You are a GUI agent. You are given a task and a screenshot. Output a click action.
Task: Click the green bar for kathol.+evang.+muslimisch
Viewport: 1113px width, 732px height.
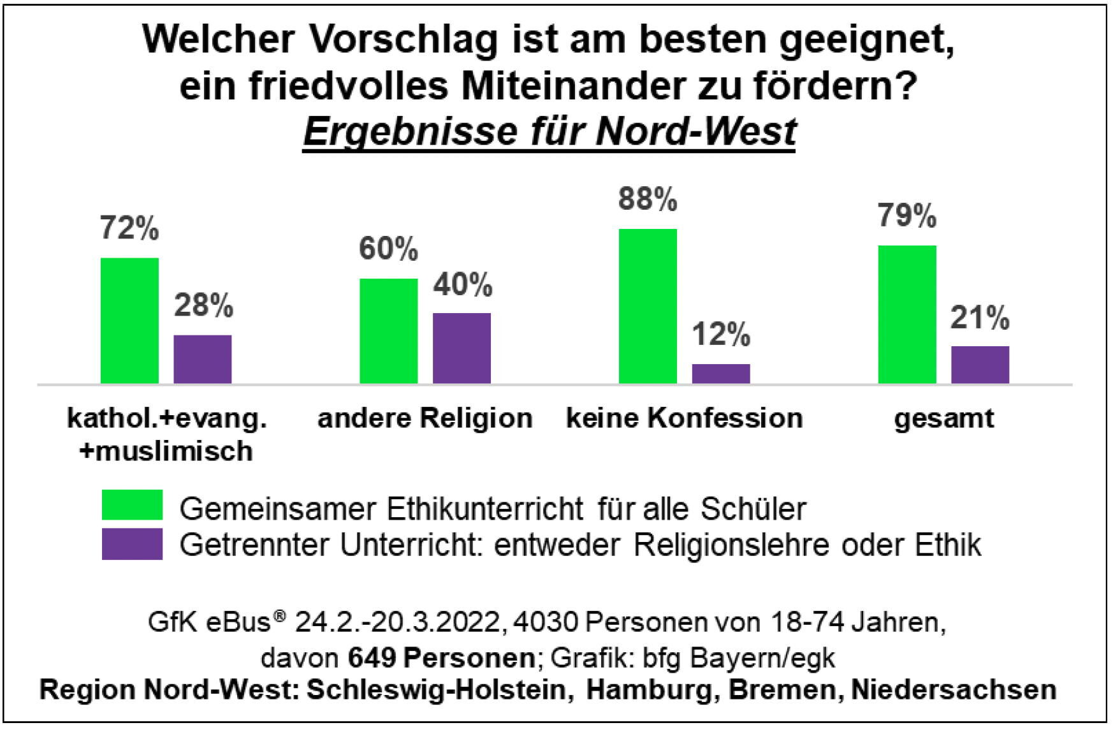click(129, 320)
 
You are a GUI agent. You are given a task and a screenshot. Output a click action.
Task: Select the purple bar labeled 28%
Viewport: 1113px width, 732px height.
click(203, 359)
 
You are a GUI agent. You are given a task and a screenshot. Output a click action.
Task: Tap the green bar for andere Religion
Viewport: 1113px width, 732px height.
click(388, 331)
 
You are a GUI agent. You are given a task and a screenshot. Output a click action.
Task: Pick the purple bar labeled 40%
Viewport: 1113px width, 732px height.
click(462, 348)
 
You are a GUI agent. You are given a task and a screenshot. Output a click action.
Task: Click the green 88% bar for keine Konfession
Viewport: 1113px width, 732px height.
click(648, 306)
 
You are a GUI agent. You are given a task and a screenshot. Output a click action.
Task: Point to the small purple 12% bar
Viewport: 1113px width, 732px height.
click(721, 374)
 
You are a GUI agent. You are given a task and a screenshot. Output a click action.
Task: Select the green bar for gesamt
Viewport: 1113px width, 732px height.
click(907, 314)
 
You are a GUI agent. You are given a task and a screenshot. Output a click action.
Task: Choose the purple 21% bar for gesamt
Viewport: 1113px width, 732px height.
click(980, 365)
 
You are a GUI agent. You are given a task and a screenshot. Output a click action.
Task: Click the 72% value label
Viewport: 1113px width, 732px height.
click(129, 228)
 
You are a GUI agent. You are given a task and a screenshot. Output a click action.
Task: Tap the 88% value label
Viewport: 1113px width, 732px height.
click(648, 199)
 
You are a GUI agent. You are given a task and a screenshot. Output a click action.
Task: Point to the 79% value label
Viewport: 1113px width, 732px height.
click(907, 216)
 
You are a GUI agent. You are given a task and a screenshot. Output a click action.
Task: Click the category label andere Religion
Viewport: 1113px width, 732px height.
click(425, 419)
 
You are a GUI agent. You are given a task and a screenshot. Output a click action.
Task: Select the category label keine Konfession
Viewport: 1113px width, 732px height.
click(685, 419)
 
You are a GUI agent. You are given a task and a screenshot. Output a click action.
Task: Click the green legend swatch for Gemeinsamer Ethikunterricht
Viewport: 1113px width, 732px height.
click(132, 505)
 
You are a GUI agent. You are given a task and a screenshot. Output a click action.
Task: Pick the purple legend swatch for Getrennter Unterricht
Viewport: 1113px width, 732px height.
click(132, 543)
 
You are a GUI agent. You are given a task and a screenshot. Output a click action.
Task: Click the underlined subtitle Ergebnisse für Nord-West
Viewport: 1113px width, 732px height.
click(549, 131)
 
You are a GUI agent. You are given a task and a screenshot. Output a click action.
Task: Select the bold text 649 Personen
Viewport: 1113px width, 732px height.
click(441, 657)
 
